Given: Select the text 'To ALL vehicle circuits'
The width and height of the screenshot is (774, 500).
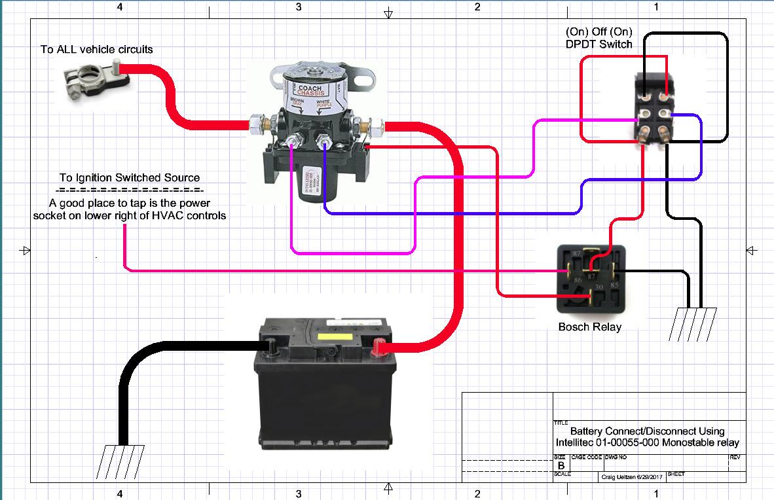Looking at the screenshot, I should pos(97,49).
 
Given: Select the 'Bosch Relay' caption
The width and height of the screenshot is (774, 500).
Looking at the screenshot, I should pos(589,327).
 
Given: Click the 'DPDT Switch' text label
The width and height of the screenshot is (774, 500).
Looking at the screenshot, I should pos(599,45).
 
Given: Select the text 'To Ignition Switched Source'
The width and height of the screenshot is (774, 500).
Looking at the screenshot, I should pos(130,177).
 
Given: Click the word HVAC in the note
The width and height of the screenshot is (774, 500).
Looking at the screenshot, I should pos(172,215).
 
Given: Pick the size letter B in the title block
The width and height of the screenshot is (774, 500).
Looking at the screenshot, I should pos(561,465).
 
